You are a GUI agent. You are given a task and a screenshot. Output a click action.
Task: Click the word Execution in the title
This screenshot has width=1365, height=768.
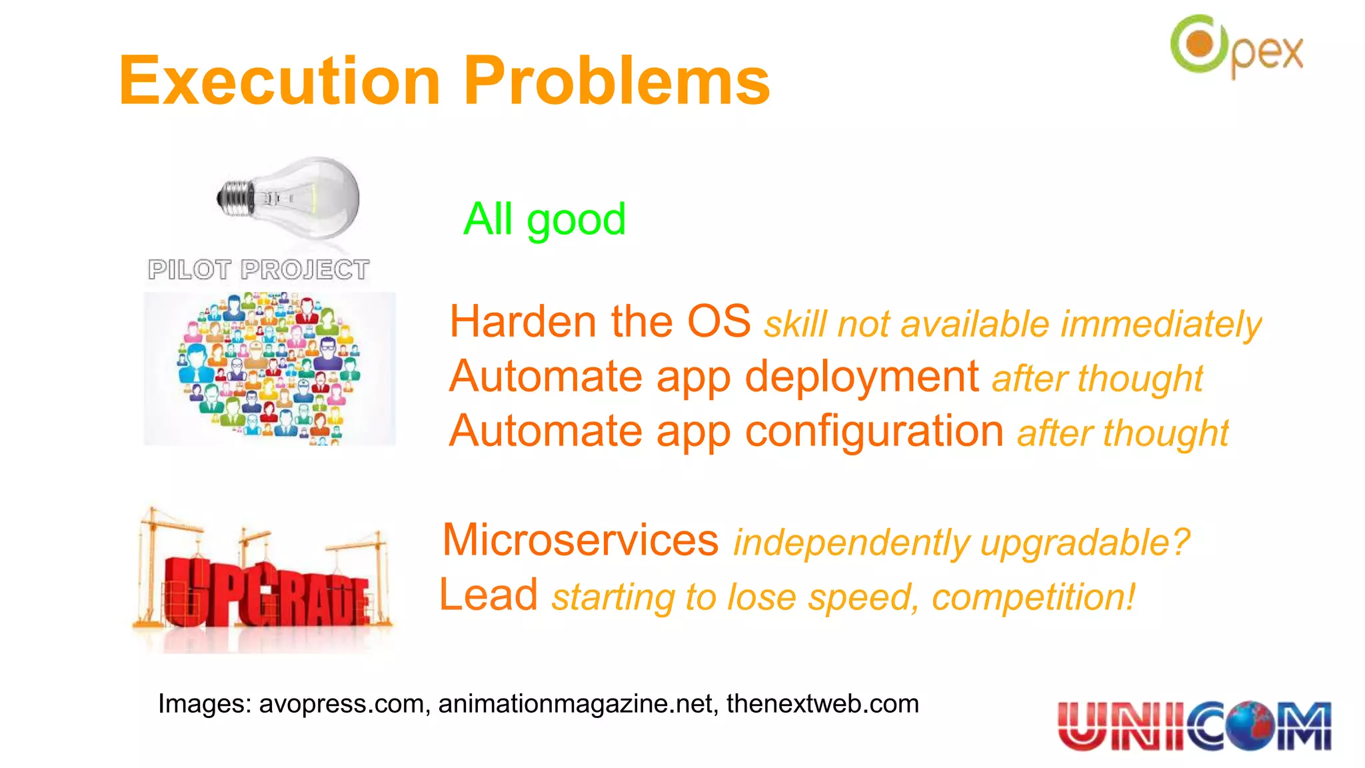[279, 81]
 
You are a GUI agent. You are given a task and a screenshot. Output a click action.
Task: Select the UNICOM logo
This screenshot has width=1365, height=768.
[1194, 725]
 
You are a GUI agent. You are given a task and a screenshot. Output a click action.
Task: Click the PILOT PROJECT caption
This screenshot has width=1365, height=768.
[259, 270]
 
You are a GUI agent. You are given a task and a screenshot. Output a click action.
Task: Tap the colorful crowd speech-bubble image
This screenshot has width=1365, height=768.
[269, 368]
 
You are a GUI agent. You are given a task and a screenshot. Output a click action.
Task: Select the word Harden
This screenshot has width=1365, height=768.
[523, 321]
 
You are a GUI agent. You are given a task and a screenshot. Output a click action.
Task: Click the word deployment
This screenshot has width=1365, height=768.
[861, 377]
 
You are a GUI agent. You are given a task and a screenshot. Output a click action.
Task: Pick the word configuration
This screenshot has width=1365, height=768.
[874, 431]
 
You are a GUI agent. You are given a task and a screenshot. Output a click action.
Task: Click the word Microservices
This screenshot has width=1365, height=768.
[581, 540]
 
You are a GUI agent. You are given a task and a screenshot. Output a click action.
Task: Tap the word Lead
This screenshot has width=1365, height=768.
[489, 595]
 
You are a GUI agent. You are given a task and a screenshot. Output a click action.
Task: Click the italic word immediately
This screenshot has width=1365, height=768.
[1160, 325]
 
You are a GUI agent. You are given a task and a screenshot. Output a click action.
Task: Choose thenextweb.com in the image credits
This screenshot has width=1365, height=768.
[822, 704]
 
